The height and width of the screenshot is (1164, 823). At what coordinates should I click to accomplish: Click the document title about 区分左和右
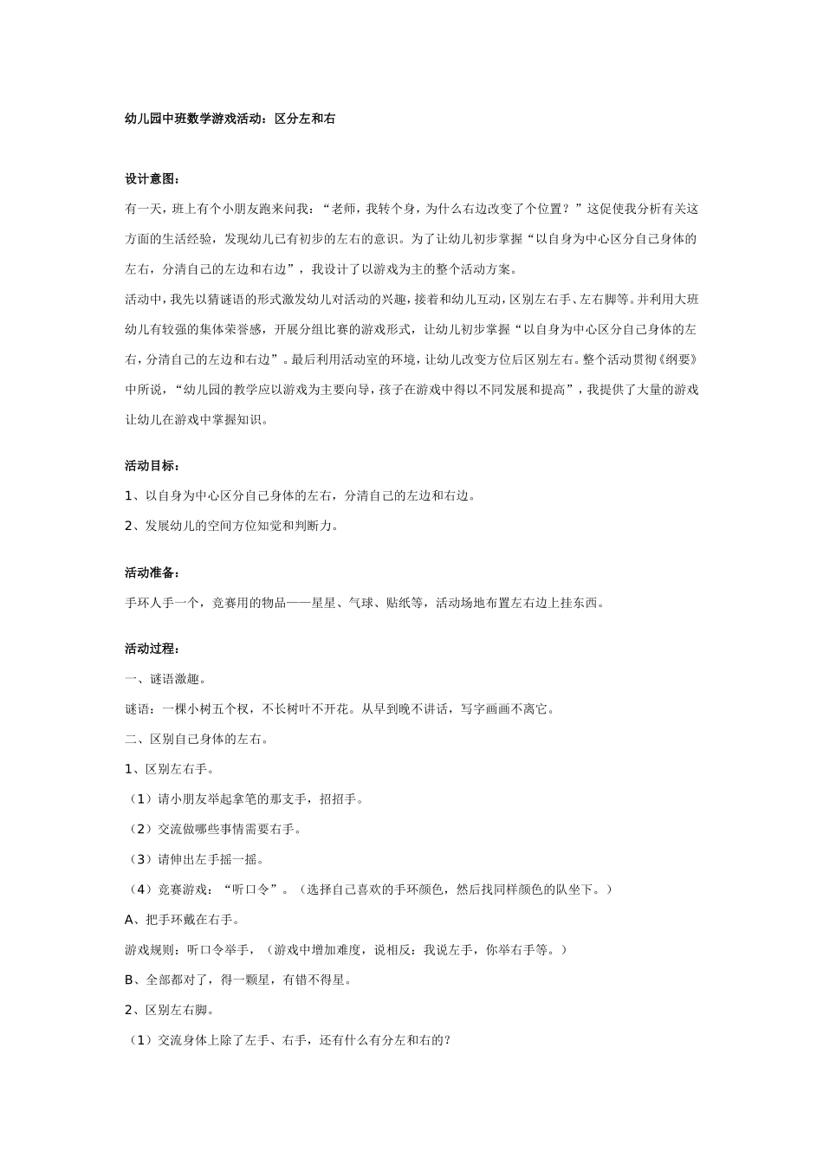(230, 120)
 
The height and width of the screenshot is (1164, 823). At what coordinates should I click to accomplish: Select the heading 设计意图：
(152, 179)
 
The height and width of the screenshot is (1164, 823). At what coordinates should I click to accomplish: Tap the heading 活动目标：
(152, 466)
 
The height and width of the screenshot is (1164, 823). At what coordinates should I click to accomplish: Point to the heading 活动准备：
(152, 572)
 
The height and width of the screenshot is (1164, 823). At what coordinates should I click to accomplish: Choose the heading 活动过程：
(152, 649)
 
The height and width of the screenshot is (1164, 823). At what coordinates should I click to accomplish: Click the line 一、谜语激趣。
(165, 679)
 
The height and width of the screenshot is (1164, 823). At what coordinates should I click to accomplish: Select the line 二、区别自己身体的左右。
(197, 740)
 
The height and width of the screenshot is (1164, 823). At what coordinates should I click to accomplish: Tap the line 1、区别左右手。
(170, 769)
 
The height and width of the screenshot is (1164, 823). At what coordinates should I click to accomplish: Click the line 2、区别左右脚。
(170, 1010)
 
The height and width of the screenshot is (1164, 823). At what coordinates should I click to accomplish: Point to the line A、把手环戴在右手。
(183, 920)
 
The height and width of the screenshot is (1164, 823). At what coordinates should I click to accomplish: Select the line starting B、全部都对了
(238, 980)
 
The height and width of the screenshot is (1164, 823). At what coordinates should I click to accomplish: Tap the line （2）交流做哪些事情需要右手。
(214, 830)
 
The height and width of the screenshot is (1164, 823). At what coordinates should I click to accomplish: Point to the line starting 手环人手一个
(364, 603)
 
